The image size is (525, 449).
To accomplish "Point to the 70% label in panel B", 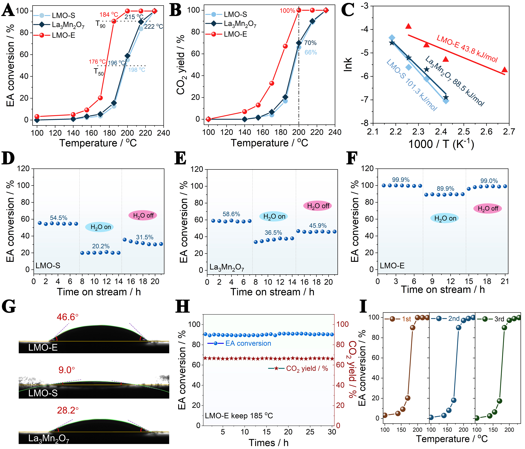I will [x=310, y=43].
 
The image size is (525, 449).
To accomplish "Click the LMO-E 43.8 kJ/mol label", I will [x=467, y=49].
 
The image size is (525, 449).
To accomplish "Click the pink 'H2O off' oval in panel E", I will [x=318, y=206].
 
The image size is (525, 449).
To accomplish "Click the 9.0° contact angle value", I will [x=67, y=370].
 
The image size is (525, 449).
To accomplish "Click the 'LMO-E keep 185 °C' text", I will [x=239, y=416].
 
